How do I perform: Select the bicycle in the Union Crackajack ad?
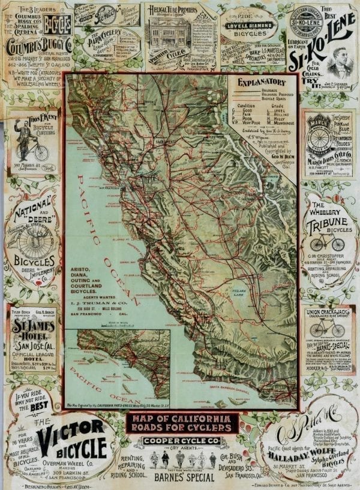[x=327, y=330]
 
